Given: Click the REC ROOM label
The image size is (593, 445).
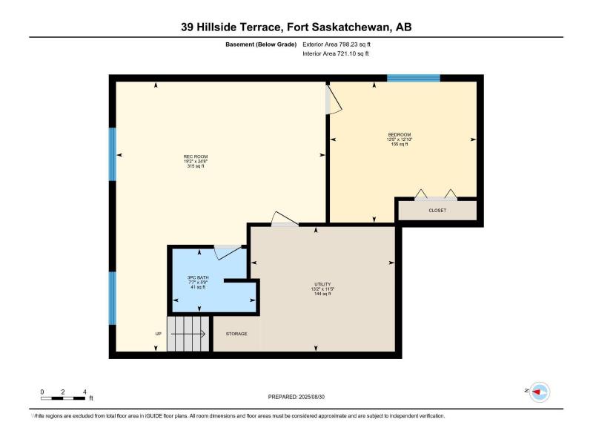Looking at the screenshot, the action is [196, 156].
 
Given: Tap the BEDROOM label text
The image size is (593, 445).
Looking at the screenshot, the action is [400, 135].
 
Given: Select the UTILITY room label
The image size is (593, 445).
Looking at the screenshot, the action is [322, 284].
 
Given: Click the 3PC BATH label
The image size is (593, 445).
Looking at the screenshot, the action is [198, 277].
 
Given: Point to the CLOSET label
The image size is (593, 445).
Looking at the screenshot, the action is [437, 211].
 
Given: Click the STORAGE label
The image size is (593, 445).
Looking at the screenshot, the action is [236, 334].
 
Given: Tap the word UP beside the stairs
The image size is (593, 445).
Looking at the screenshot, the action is [159, 334].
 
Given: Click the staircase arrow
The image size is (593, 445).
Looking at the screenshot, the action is [188, 334].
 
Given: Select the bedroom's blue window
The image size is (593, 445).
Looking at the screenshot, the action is [414, 79].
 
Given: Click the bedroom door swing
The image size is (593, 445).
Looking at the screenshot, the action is [334, 99].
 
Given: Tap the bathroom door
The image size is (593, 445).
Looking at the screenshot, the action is [228, 253].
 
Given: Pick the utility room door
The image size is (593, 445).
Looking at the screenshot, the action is [285, 219].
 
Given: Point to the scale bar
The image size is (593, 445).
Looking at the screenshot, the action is [63, 398].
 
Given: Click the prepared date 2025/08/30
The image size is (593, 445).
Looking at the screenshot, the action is [311, 397].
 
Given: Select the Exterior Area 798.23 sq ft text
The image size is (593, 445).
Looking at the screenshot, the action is [337, 44].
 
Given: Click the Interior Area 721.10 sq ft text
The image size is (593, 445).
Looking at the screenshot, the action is [336, 53].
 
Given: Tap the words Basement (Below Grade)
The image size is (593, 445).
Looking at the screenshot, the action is [261, 44].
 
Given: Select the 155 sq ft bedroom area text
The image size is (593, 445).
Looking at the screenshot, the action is [400, 144].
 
